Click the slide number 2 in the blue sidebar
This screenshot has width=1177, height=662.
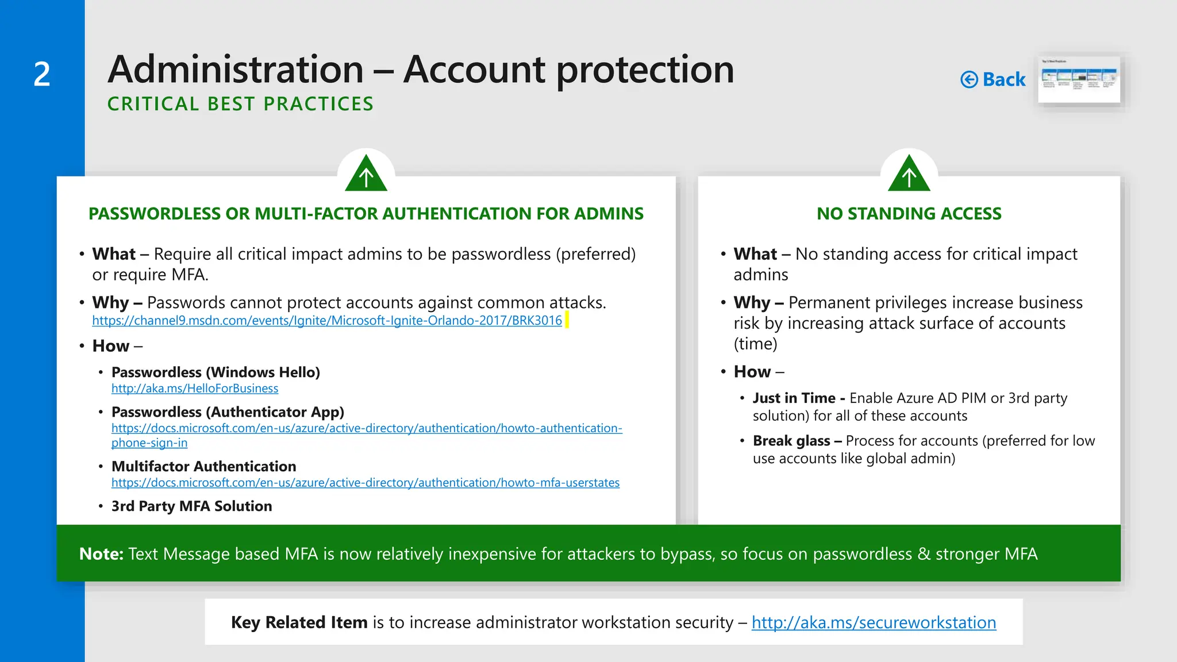point(42,75)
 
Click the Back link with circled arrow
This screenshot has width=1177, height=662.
point(993,79)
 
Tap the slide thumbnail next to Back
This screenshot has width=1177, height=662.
point(1079,79)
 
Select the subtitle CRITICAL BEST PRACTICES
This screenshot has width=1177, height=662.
point(240,104)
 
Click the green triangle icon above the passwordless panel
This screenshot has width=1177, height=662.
point(366,174)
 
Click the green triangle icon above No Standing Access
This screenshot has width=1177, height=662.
point(909,174)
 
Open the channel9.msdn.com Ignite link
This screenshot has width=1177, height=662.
point(326,321)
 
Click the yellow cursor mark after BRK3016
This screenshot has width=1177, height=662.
point(567,320)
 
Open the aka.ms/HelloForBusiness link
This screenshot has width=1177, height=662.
point(194,388)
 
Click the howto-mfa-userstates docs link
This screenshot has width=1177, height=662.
point(365,483)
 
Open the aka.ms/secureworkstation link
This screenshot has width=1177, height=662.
point(874,622)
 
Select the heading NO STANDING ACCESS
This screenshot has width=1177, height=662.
point(909,214)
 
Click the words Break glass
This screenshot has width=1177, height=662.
point(791,441)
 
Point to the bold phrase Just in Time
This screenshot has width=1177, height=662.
point(794,398)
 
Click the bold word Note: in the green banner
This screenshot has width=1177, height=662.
point(101,554)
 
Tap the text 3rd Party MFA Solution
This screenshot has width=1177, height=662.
point(191,506)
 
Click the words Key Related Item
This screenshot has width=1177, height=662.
point(299,622)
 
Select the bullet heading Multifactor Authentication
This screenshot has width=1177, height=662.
point(203,467)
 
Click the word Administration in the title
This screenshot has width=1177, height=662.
point(236,70)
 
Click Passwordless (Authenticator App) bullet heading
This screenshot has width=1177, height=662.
point(228,412)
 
